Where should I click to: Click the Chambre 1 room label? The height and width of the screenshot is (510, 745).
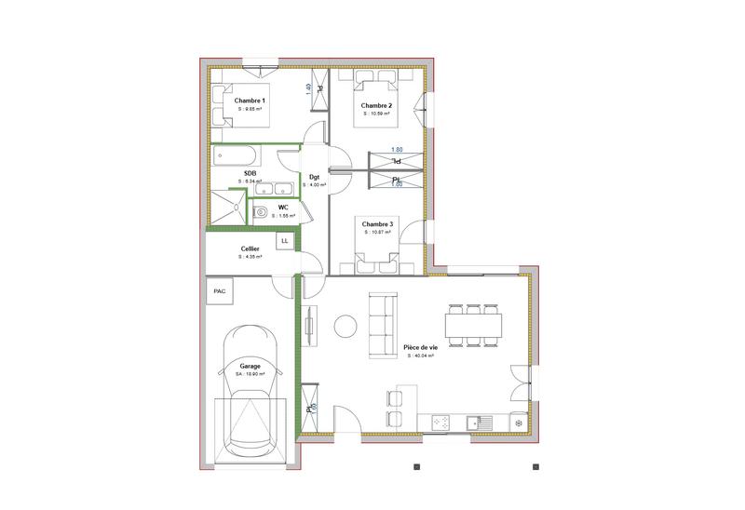coord(250,101)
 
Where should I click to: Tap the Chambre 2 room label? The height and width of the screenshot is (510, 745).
coord(376,106)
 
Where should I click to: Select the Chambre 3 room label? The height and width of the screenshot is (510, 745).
coord(377,224)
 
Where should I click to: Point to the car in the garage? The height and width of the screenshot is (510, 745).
coord(249,391)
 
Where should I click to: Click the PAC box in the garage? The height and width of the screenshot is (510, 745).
coord(220,290)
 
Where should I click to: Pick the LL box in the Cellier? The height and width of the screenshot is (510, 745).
coord(284,241)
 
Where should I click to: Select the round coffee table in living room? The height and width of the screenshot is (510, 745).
coord(345,325)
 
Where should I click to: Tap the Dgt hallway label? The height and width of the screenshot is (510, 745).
coord(315,176)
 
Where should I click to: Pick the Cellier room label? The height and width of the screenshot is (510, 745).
coord(250,248)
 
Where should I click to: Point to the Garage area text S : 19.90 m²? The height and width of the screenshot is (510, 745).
coord(251,374)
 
